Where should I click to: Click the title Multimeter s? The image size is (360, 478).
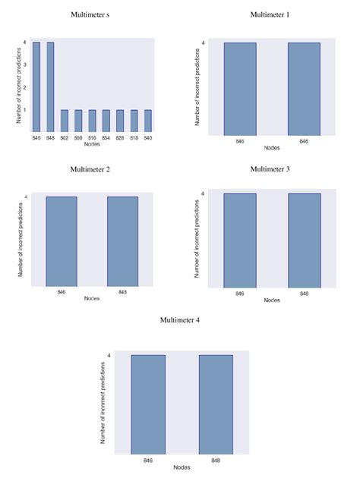point(89,14)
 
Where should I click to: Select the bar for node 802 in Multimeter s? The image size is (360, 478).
point(64,121)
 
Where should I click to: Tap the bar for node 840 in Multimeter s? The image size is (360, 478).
point(147,121)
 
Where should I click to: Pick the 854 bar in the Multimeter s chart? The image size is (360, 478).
point(106,121)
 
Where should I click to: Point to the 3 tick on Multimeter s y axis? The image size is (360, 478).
point(26,64)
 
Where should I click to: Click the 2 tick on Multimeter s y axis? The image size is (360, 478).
point(26,87)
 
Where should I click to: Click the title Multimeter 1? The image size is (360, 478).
point(271,14)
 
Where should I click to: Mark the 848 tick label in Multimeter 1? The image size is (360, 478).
point(304,142)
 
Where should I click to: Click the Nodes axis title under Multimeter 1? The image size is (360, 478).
point(271,149)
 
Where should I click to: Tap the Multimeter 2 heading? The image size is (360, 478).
point(90,168)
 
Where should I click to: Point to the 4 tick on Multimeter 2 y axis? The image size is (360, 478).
point(26,197)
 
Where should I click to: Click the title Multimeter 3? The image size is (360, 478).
point(271,168)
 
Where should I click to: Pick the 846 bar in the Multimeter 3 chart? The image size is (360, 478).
point(239,241)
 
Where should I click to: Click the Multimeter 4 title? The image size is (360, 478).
point(181,320)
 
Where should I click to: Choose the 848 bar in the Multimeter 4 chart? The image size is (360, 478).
point(216,404)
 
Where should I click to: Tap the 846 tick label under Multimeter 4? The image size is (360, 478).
point(147,460)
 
